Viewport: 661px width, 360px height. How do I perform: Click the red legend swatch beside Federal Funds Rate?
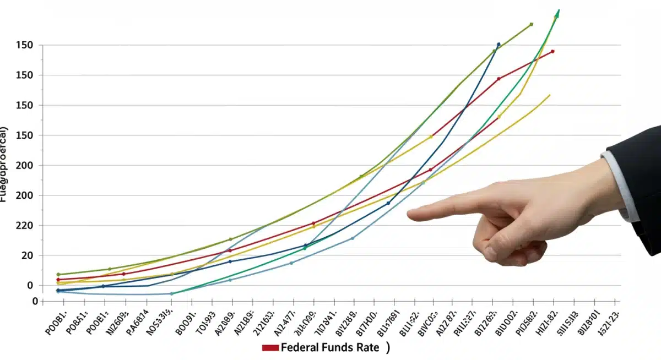pyautogui.click(x=270, y=348)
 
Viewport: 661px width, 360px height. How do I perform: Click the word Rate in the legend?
pyautogui.click(x=366, y=348)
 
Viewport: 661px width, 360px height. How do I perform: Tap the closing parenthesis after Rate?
pyautogui.click(x=388, y=348)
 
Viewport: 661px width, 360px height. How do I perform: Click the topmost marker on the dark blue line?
pyautogui.click(x=499, y=45)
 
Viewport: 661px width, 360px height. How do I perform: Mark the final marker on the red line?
pyautogui.click(x=552, y=52)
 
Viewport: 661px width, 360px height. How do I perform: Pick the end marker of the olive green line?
pyautogui.click(x=531, y=24)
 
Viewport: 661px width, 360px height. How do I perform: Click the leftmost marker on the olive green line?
pyautogui.click(x=58, y=274)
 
